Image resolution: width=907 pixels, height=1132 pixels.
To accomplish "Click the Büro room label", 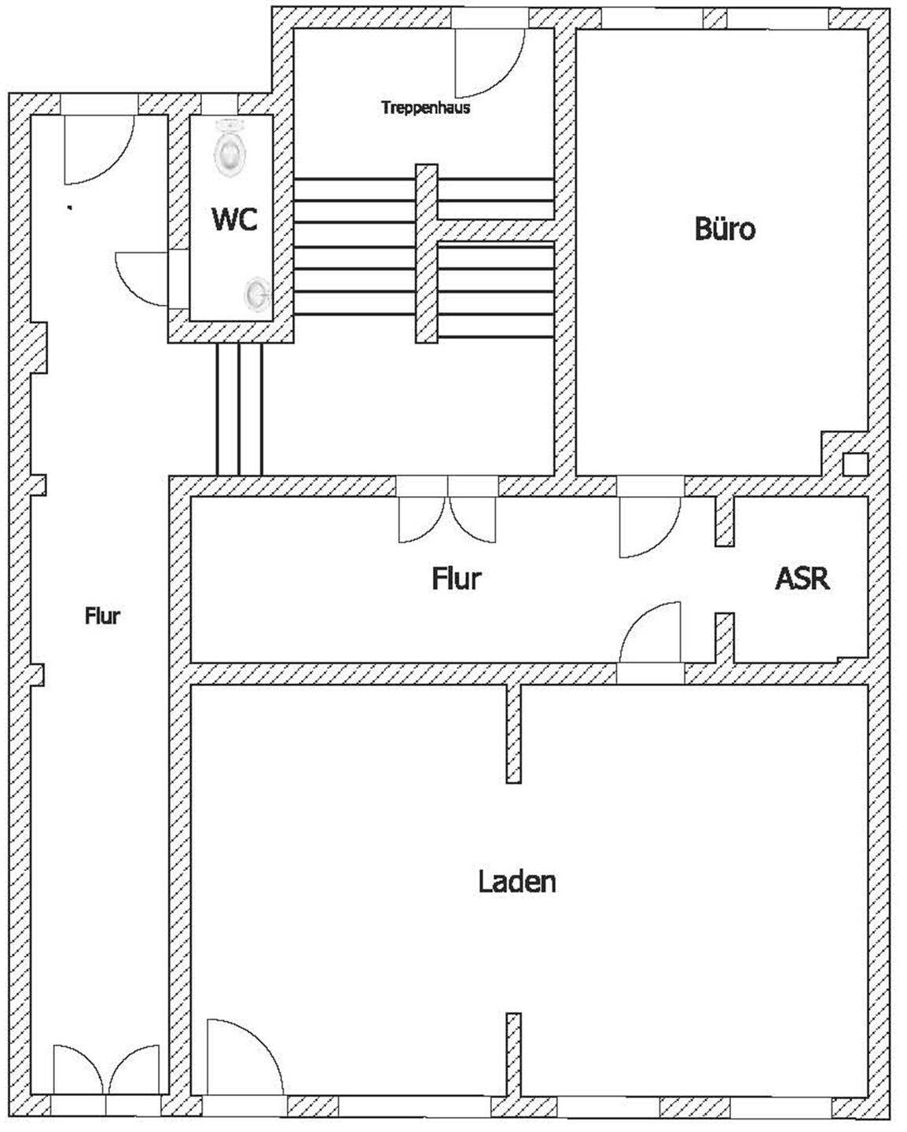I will click(725, 229).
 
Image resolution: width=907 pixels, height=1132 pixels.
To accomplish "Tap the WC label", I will click(234, 219).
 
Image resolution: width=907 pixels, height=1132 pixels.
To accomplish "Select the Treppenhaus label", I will click(425, 108).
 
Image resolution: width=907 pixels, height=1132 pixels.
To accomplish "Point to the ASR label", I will click(802, 578).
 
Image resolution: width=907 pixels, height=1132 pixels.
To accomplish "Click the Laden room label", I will click(517, 881).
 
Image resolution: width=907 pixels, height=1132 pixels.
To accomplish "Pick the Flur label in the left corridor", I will click(102, 616).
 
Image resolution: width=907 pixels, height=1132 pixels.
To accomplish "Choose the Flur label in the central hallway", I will click(456, 579).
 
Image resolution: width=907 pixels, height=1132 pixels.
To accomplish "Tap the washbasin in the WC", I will click(256, 293).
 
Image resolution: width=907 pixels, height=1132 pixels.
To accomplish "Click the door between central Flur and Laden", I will click(652, 635).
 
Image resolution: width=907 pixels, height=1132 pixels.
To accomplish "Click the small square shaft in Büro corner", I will click(853, 464).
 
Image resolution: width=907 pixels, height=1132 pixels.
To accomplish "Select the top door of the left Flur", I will click(97, 149).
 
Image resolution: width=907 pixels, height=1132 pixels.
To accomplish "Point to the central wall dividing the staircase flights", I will click(426, 253).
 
